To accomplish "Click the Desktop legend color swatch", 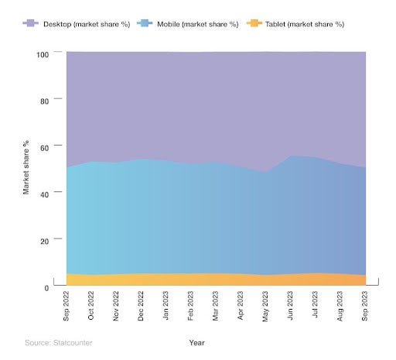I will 32,24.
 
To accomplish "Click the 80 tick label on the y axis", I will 44,101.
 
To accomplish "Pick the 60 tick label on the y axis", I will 44,147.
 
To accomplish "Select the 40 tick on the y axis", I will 44,194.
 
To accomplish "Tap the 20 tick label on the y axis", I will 44,241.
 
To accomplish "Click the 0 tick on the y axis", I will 46,287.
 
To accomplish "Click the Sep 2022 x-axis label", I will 67,308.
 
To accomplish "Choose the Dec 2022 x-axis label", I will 142,308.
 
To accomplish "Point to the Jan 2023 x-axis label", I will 166,308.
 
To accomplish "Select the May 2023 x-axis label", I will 266,308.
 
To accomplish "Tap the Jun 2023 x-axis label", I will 291,308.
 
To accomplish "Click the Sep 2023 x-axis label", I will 366,308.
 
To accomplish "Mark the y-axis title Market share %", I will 26,166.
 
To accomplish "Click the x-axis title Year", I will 196,341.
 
